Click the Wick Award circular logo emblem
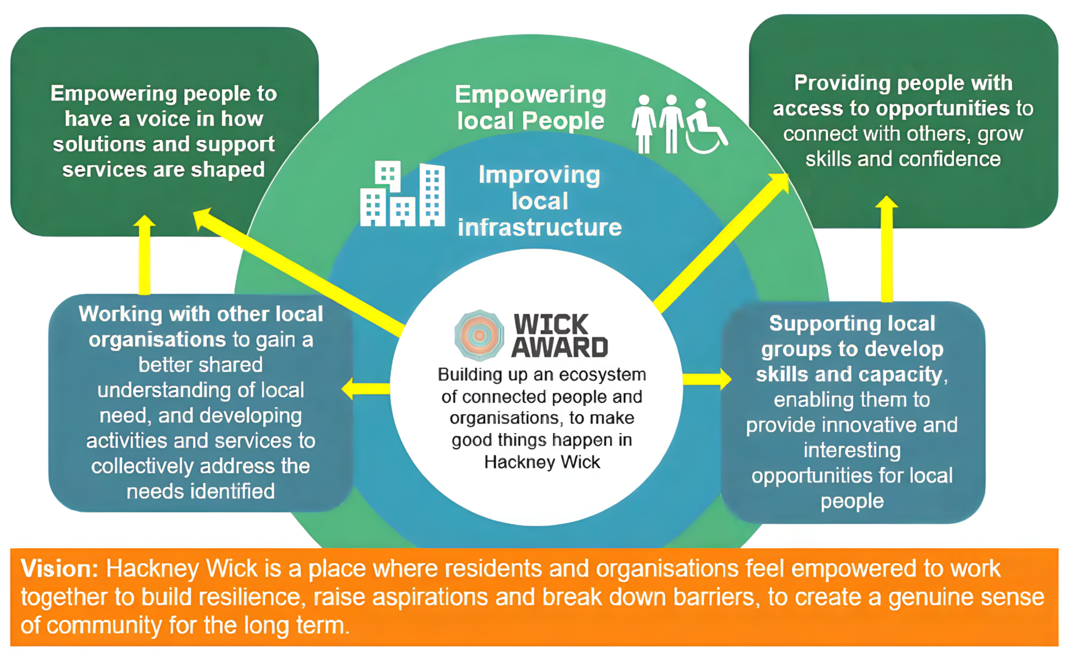pos(479,335)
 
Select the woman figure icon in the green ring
pos(644,124)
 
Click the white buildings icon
pos(402,194)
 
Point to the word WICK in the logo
pos(551,324)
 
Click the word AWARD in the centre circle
pos(559,347)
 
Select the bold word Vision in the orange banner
pos(59,569)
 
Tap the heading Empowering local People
pos(530,107)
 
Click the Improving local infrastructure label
pos(539,201)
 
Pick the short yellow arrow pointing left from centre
pos(366,389)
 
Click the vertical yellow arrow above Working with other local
pos(144,255)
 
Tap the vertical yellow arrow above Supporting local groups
pos(886,249)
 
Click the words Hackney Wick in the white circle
pos(542,462)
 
